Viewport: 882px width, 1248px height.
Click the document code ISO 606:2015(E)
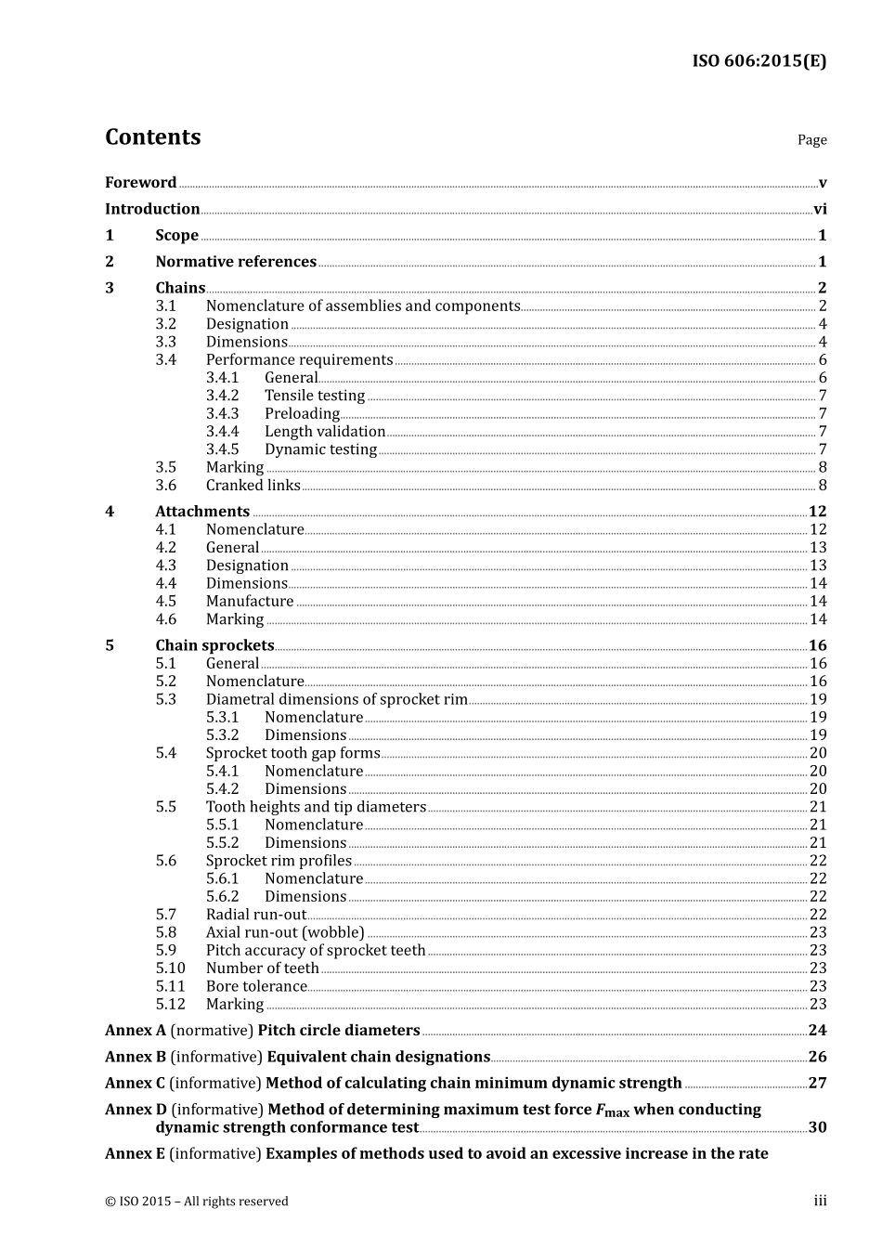[x=759, y=61]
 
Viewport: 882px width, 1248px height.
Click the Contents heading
[x=152, y=137]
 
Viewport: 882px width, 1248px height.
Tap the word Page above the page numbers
[x=811, y=140]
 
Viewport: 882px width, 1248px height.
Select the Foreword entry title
[x=140, y=183]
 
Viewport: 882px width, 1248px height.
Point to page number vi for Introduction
[x=820, y=210]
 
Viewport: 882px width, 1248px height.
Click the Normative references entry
[x=236, y=262]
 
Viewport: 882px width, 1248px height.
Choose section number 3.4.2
[x=222, y=396]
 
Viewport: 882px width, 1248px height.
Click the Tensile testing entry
[x=315, y=396]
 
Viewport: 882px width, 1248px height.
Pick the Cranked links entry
[x=253, y=486]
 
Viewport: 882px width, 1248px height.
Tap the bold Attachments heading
[x=202, y=512]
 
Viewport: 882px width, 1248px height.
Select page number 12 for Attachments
[x=817, y=512]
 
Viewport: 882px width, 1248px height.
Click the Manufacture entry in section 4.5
[x=250, y=602]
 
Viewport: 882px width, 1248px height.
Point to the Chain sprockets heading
[x=214, y=645]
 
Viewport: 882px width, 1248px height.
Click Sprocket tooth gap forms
[x=292, y=753]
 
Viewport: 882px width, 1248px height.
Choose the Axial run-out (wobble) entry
[x=285, y=932]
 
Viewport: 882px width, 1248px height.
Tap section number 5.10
[x=170, y=968]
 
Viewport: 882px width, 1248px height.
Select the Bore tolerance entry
[x=256, y=986]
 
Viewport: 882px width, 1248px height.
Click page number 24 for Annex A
[x=817, y=1031]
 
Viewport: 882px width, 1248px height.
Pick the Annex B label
[x=136, y=1057]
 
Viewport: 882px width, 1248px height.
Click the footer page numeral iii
[x=820, y=1202]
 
